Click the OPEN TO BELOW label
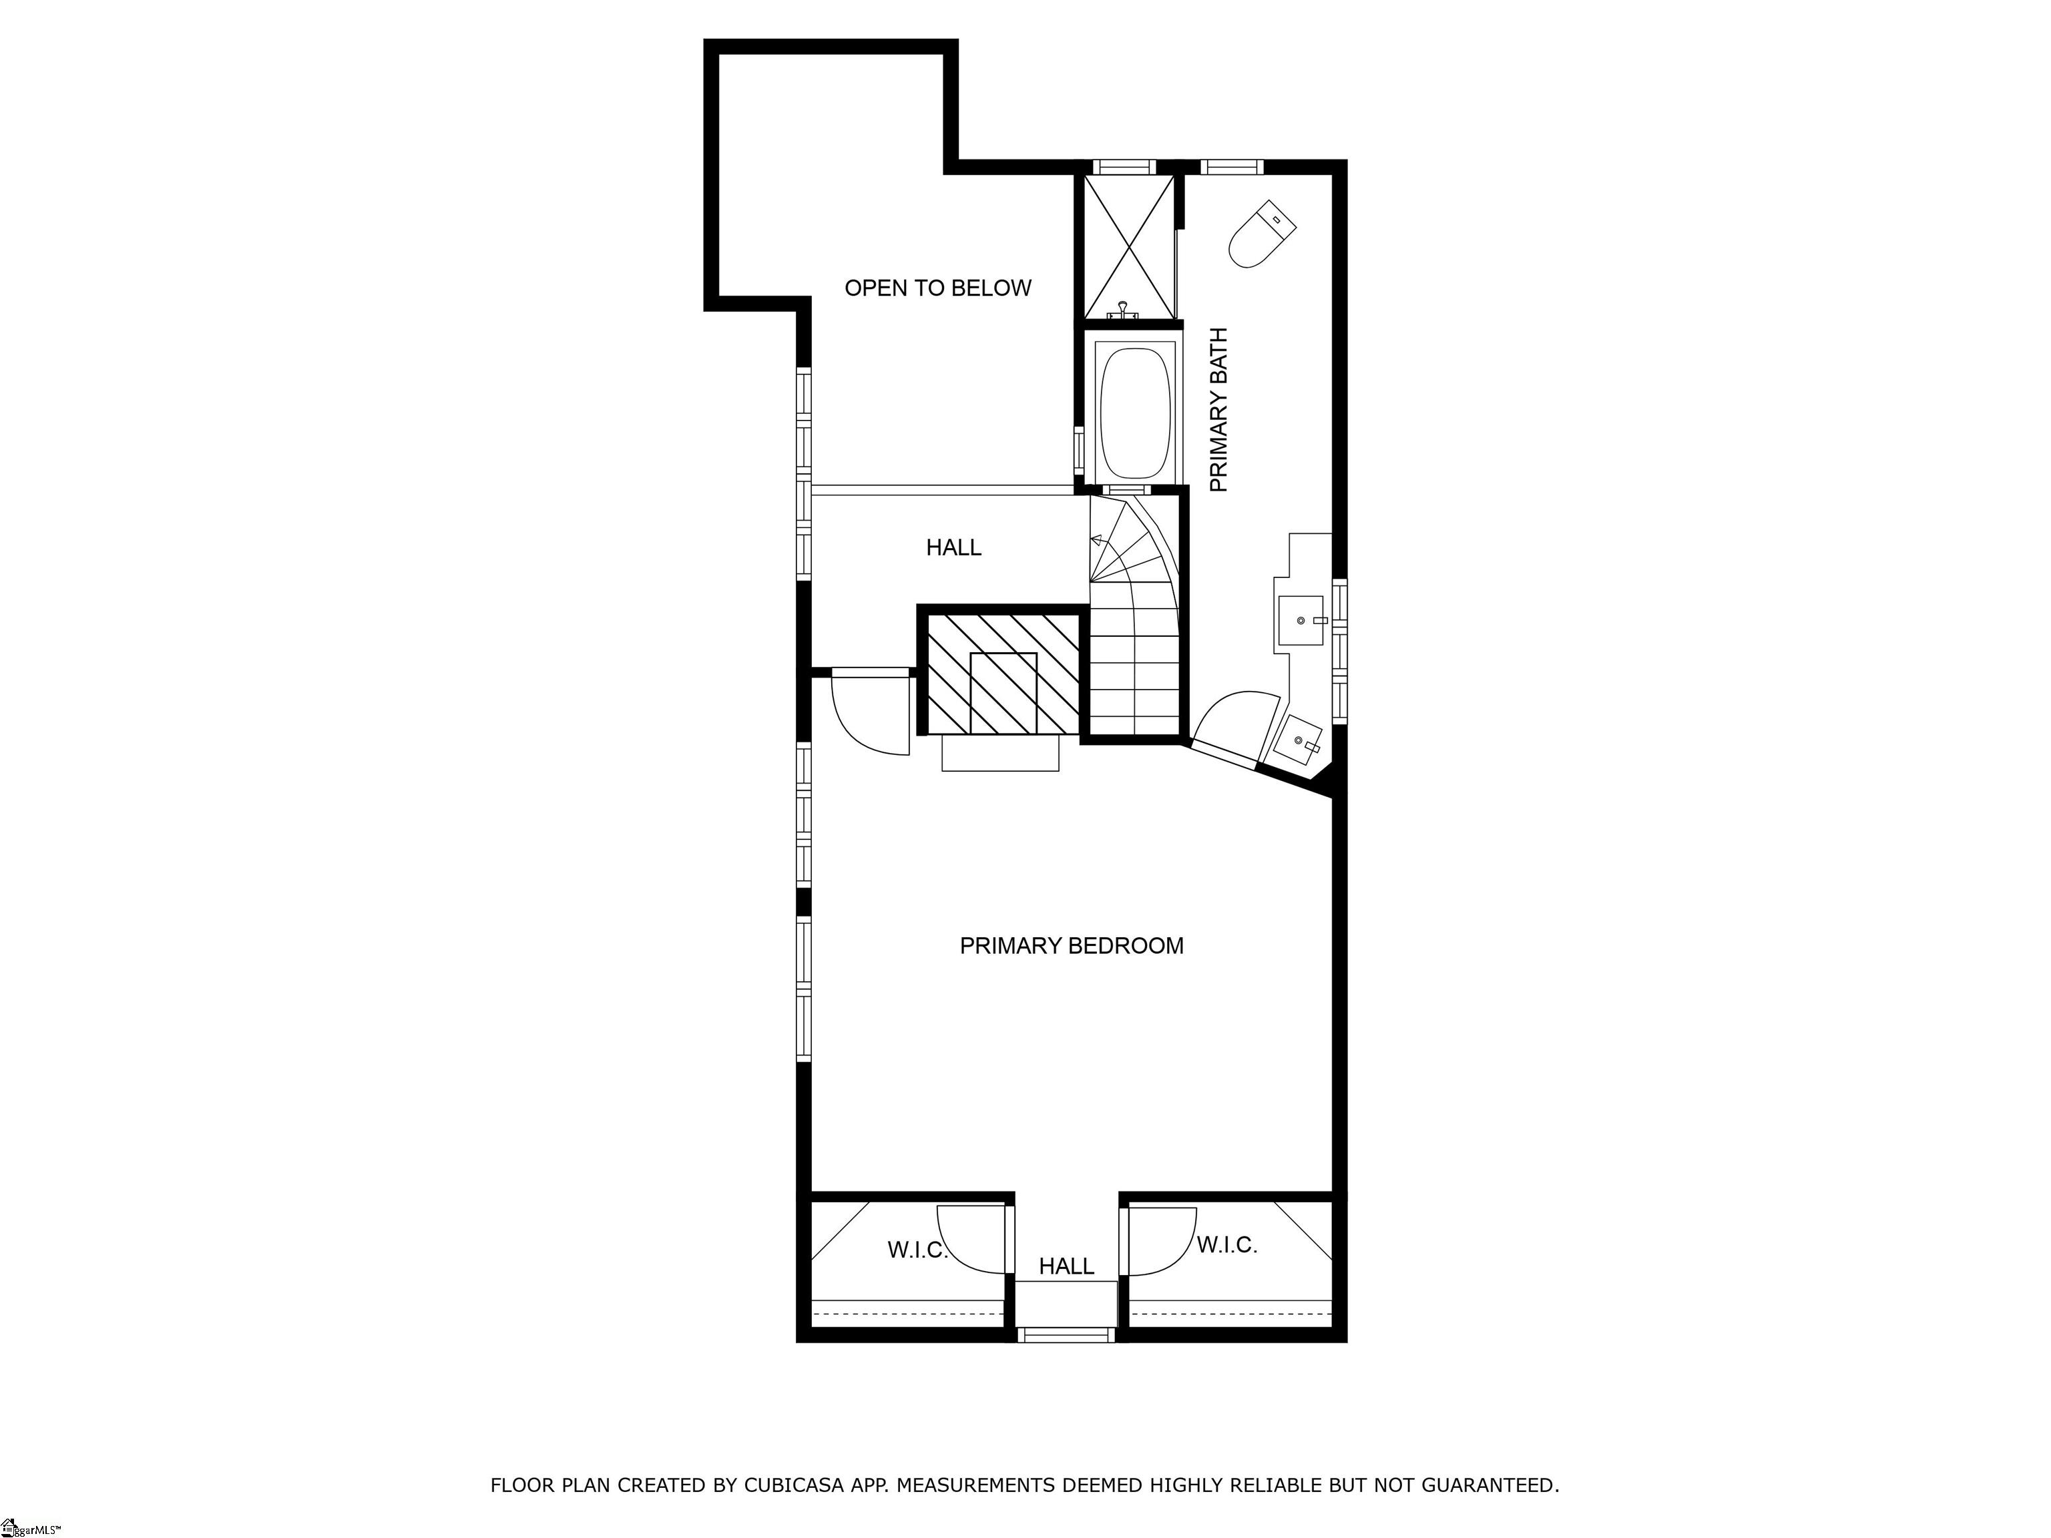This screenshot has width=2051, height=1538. pyautogui.click(x=937, y=288)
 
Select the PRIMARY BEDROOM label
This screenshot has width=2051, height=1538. pyautogui.click(x=1071, y=946)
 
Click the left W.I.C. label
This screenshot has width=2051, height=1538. pyautogui.click(x=917, y=1250)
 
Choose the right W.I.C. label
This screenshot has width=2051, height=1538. pyautogui.click(x=1226, y=1245)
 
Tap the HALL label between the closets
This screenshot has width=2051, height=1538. pyautogui.click(x=1066, y=1266)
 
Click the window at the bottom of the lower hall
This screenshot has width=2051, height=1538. pyautogui.click(x=1066, y=1335)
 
